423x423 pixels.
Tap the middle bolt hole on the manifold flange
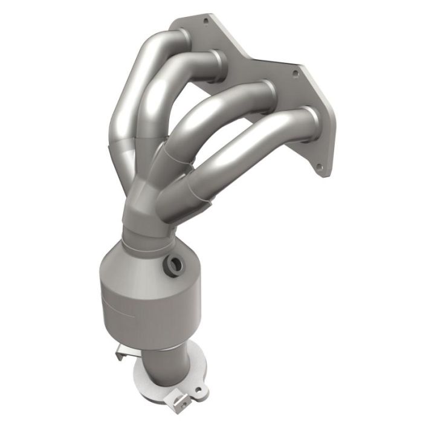tap(295, 73)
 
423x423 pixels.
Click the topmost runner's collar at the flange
tap(183, 37)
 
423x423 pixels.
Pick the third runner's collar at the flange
tap(268, 91)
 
